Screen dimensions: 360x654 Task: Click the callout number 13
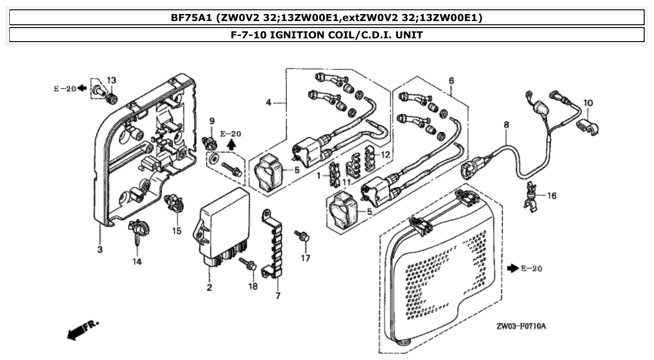[x=111, y=80]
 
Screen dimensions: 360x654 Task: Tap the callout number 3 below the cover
[x=100, y=250]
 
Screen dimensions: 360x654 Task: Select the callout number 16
[x=552, y=196]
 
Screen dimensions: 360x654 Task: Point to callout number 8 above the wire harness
[x=506, y=125]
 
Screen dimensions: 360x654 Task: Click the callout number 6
[x=451, y=80]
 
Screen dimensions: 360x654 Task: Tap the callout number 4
[x=268, y=102]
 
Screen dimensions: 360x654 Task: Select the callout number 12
[x=384, y=155]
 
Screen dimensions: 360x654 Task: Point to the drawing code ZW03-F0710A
[x=521, y=326]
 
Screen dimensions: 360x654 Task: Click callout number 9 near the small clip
[x=212, y=121]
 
